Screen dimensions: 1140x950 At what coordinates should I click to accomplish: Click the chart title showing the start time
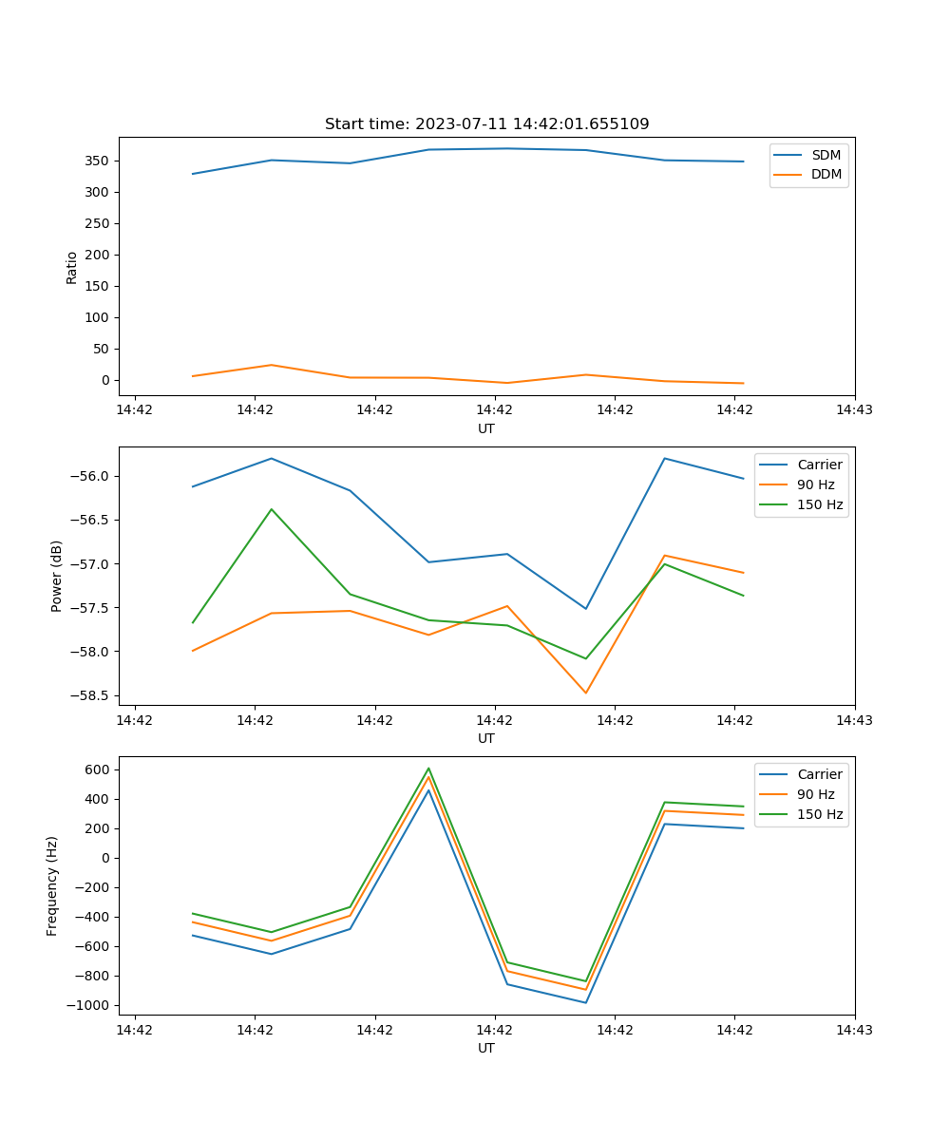(x=486, y=124)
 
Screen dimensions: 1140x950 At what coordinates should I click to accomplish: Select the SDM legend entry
(x=826, y=155)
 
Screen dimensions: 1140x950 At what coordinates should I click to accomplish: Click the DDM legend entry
(x=826, y=174)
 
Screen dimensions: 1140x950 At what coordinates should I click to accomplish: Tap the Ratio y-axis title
(x=72, y=267)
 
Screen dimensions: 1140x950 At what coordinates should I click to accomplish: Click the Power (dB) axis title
(x=57, y=576)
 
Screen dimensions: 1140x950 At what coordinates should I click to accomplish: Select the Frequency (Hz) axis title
(x=52, y=885)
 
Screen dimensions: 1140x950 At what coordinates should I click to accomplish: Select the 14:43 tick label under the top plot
(x=854, y=410)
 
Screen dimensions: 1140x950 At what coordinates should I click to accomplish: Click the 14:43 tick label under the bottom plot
(x=854, y=1030)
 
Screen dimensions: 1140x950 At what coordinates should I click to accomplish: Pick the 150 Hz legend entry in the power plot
(x=820, y=504)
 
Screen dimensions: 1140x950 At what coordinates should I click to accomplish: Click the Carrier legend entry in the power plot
(x=819, y=465)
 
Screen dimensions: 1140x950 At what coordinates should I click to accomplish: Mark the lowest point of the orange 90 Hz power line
(x=585, y=693)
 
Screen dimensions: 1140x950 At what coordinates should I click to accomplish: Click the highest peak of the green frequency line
(x=428, y=769)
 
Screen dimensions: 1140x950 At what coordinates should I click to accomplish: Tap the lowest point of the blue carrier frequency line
(x=585, y=1002)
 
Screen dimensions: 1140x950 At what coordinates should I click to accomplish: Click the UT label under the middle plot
(x=486, y=738)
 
